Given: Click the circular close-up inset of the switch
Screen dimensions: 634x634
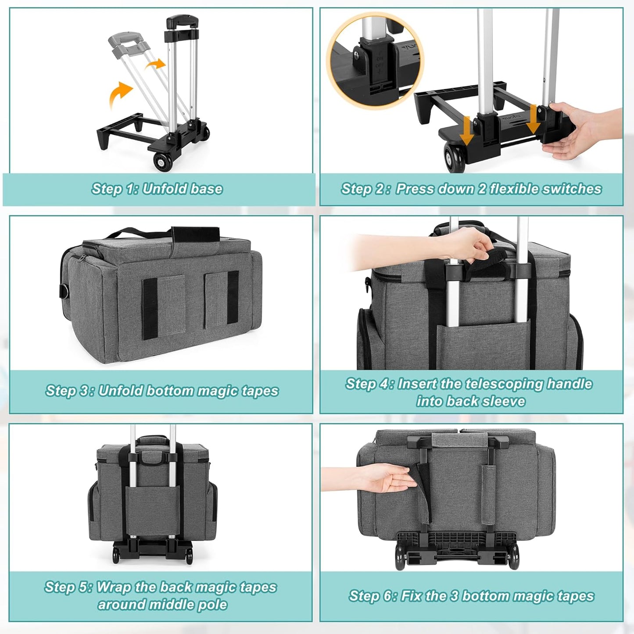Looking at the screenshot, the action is coord(375,61).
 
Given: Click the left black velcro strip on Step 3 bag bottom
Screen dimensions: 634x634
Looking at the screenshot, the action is coord(150,308).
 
